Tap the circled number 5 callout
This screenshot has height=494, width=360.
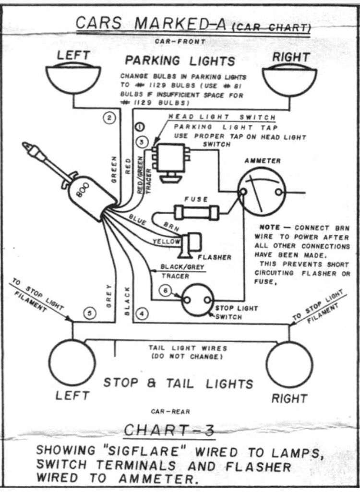pyautogui.click(x=90, y=313)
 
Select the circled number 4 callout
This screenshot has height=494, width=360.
pyautogui.click(x=142, y=313)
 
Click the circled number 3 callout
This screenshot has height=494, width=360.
pyautogui.click(x=142, y=142)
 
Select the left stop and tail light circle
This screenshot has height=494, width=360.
pyautogui.click(x=72, y=362)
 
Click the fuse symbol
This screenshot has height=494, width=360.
pyautogui.click(x=197, y=211)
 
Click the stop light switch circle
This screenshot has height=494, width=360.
pyautogui.click(x=197, y=300)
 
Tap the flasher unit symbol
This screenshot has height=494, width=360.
pyautogui.click(x=191, y=244)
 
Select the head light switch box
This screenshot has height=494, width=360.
pyautogui.click(x=168, y=158)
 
